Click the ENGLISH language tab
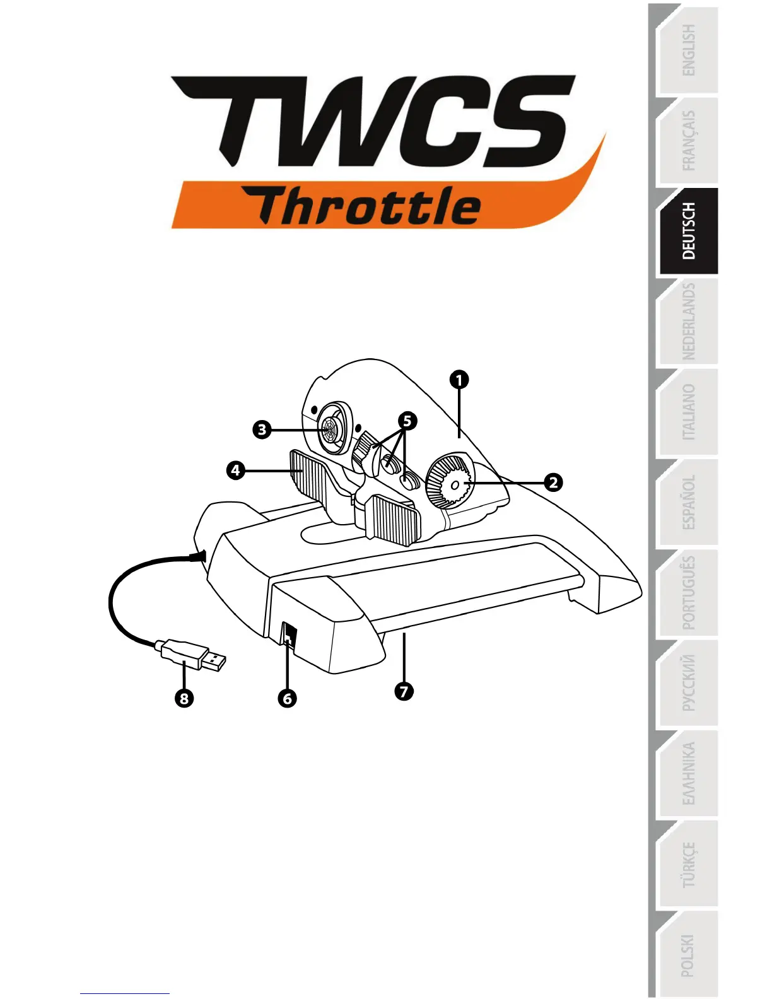(688, 50)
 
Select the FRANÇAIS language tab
(688, 141)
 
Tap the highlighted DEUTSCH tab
(688, 231)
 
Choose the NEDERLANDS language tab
(688, 322)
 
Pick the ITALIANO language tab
(688, 412)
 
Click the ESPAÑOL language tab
(688, 503)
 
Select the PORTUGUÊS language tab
(688, 593)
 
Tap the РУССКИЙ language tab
(688, 683)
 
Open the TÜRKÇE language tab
(688, 865)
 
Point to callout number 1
(459, 380)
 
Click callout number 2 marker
(553, 482)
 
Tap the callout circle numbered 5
(407, 421)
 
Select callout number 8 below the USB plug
(184, 698)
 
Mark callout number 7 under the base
(404, 691)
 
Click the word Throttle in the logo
(369, 207)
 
